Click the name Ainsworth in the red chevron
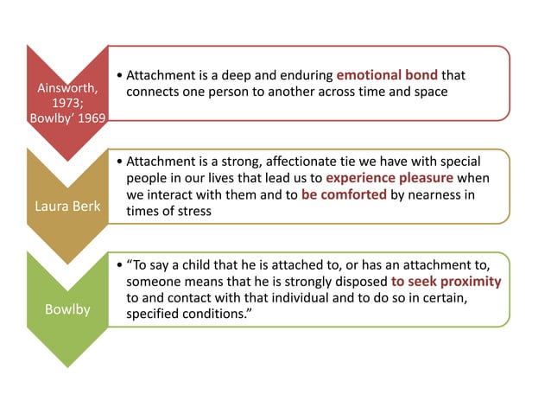point(66,89)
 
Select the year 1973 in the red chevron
point(65,103)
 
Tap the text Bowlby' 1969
point(66,118)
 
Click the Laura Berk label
point(66,206)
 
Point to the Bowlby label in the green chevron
point(66,308)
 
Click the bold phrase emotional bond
point(387,74)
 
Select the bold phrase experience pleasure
point(389,178)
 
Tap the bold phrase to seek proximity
point(446,281)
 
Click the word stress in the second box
point(192,211)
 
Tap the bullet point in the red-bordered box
point(117,75)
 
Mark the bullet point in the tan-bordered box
point(117,162)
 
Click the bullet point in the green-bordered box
point(117,265)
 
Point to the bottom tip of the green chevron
point(66,367)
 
